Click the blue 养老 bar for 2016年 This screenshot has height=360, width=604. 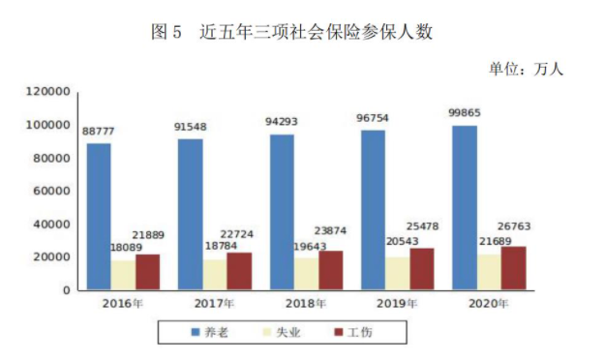(99, 217)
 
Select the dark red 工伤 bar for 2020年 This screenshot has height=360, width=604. (513, 268)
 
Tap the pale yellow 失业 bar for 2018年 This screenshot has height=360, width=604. (307, 274)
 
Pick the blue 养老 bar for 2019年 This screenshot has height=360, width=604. (373, 210)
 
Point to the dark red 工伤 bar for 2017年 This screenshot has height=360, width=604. (239, 271)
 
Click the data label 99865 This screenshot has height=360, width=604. (465, 113)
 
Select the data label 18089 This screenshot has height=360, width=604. (127, 247)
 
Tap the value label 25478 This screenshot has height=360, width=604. (423, 226)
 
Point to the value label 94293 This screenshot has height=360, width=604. (282, 122)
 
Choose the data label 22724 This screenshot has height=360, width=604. (237, 234)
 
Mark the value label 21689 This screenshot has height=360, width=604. (496, 241)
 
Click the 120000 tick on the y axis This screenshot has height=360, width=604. (48, 92)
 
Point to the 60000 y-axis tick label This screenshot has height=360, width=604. (52, 191)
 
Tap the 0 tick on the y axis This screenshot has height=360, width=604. (67, 290)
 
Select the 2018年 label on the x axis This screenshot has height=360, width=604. (306, 304)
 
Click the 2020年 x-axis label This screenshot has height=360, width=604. (489, 304)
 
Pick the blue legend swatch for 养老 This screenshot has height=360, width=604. (196, 332)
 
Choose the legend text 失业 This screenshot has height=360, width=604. (288, 332)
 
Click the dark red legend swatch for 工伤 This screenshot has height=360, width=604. (339, 332)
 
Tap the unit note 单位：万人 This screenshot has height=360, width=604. (527, 70)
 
